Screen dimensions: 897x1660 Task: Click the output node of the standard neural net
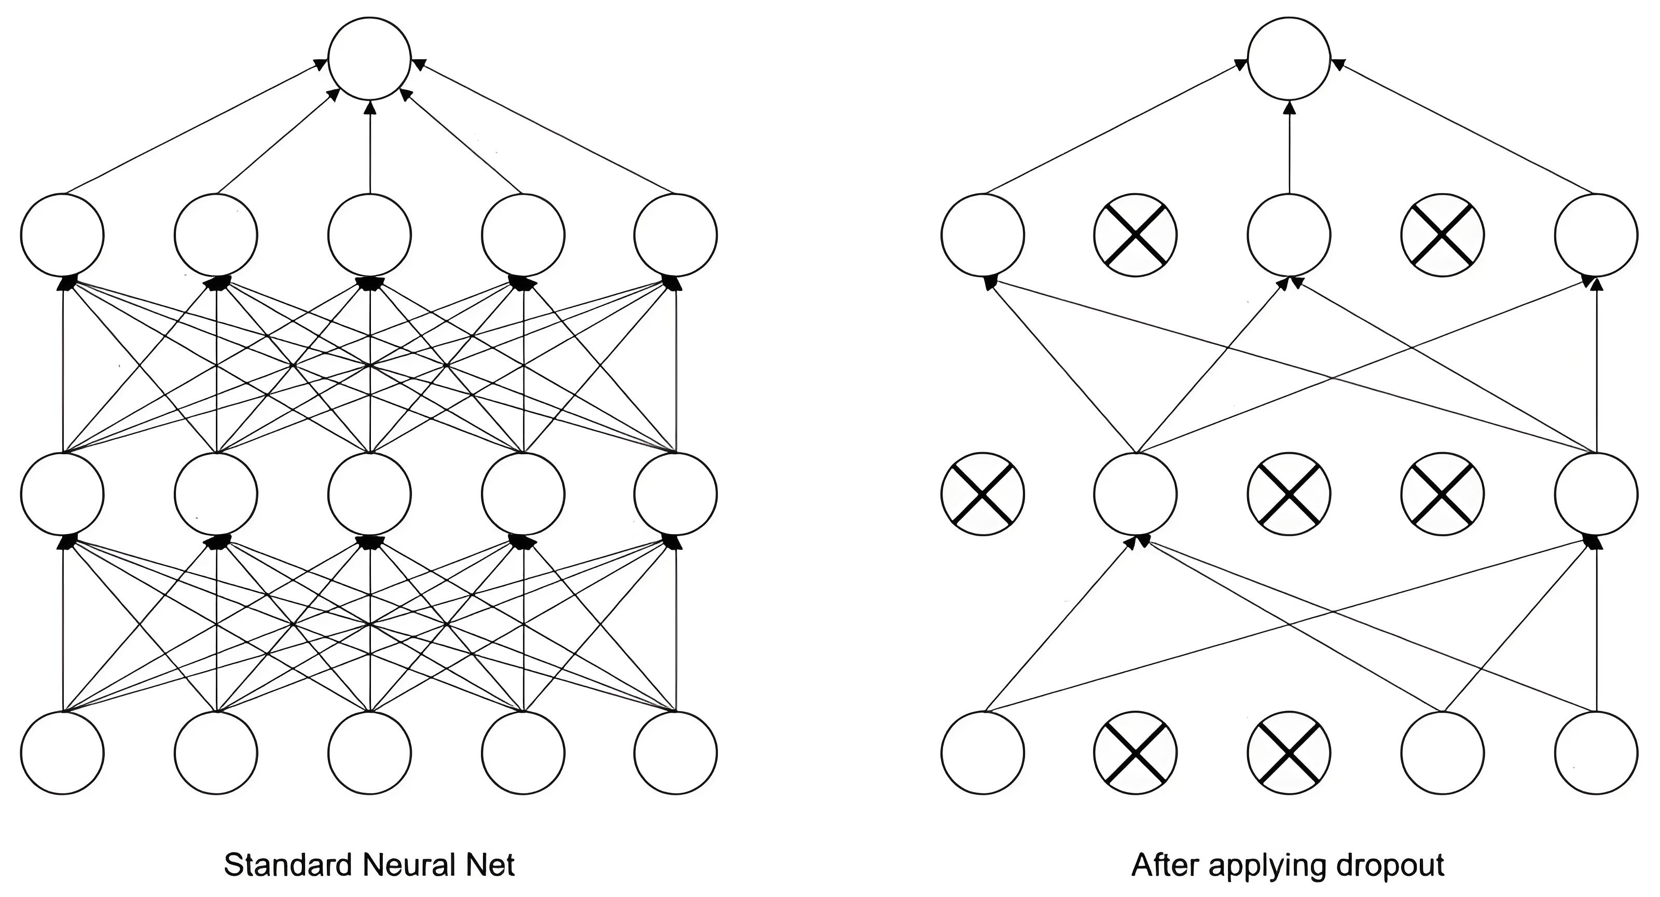click(x=369, y=59)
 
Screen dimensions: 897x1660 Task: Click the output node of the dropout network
click(x=1289, y=59)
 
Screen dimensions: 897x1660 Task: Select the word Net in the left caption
click(x=491, y=865)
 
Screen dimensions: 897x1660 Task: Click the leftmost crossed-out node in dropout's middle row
click(x=982, y=494)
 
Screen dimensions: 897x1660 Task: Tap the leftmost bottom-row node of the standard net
click(x=62, y=753)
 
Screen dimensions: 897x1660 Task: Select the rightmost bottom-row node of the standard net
click(x=675, y=753)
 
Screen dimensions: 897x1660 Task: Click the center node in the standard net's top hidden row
click(x=369, y=235)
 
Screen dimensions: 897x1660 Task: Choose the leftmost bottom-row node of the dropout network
click(x=982, y=753)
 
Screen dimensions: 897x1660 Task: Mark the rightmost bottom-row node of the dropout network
click(x=1596, y=753)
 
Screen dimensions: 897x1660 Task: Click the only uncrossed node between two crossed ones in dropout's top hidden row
click(x=1289, y=235)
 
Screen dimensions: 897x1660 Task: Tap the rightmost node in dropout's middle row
click(x=1596, y=494)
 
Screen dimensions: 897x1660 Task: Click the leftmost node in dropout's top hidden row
click(x=982, y=235)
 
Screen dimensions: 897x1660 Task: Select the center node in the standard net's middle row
click(x=369, y=494)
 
